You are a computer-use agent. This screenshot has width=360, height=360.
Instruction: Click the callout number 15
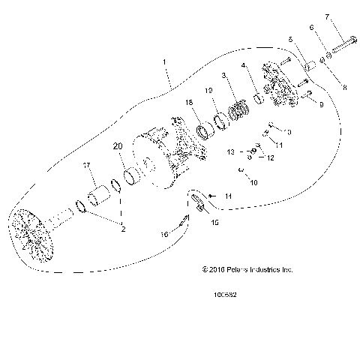tap(215, 223)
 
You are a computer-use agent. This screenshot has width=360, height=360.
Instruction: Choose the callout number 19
tap(210, 91)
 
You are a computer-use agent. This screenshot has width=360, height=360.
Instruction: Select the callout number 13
tap(231, 151)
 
